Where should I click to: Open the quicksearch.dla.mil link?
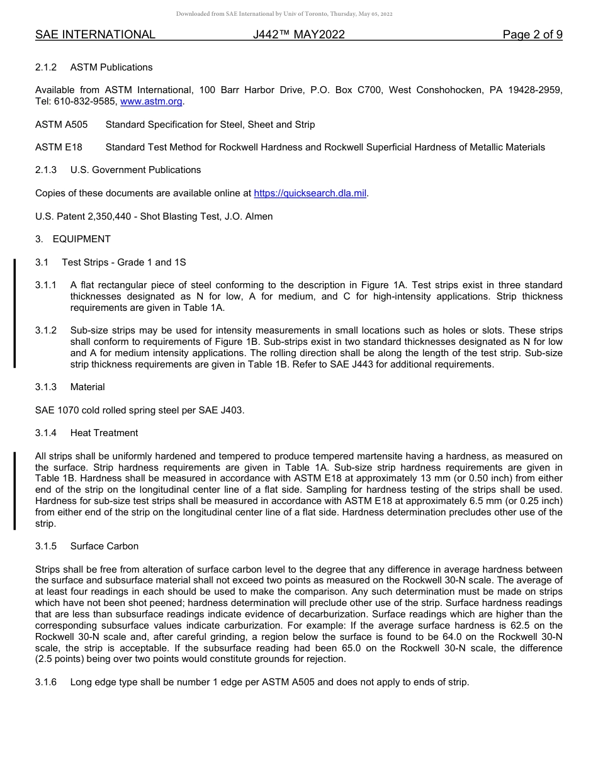coord(310,193)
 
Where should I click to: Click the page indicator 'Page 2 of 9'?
coord(532,35)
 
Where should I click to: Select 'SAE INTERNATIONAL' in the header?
coord(95,35)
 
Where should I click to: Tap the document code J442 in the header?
coord(298,35)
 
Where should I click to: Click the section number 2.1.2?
coord(46,67)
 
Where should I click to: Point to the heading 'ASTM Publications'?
coord(111,67)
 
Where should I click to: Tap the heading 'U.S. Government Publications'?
coord(135,170)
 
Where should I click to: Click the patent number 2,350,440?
coord(112,216)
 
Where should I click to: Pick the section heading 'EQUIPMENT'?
coord(82,239)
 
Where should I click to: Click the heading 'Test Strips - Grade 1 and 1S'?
coord(124,262)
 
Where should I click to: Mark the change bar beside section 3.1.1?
coord(14,313)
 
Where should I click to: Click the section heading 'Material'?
coord(87,387)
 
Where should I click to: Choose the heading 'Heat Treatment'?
coord(104,433)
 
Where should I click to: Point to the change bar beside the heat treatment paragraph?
coord(14,490)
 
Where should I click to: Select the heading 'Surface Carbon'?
coord(104,546)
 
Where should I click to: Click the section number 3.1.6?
coord(46,682)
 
